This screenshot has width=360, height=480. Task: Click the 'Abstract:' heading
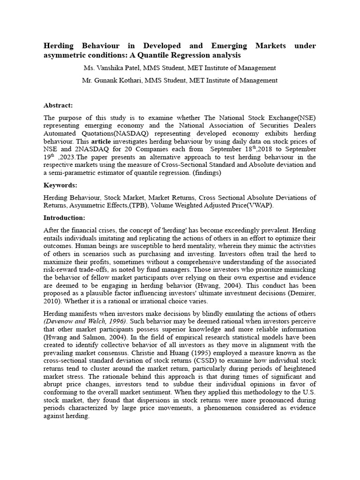coord(58,105)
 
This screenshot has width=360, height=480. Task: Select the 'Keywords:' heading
coord(60,185)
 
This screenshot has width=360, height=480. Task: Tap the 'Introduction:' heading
coord(64,217)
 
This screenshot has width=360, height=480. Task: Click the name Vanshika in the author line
coord(114,68)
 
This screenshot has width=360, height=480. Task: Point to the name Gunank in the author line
coord(111,80)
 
